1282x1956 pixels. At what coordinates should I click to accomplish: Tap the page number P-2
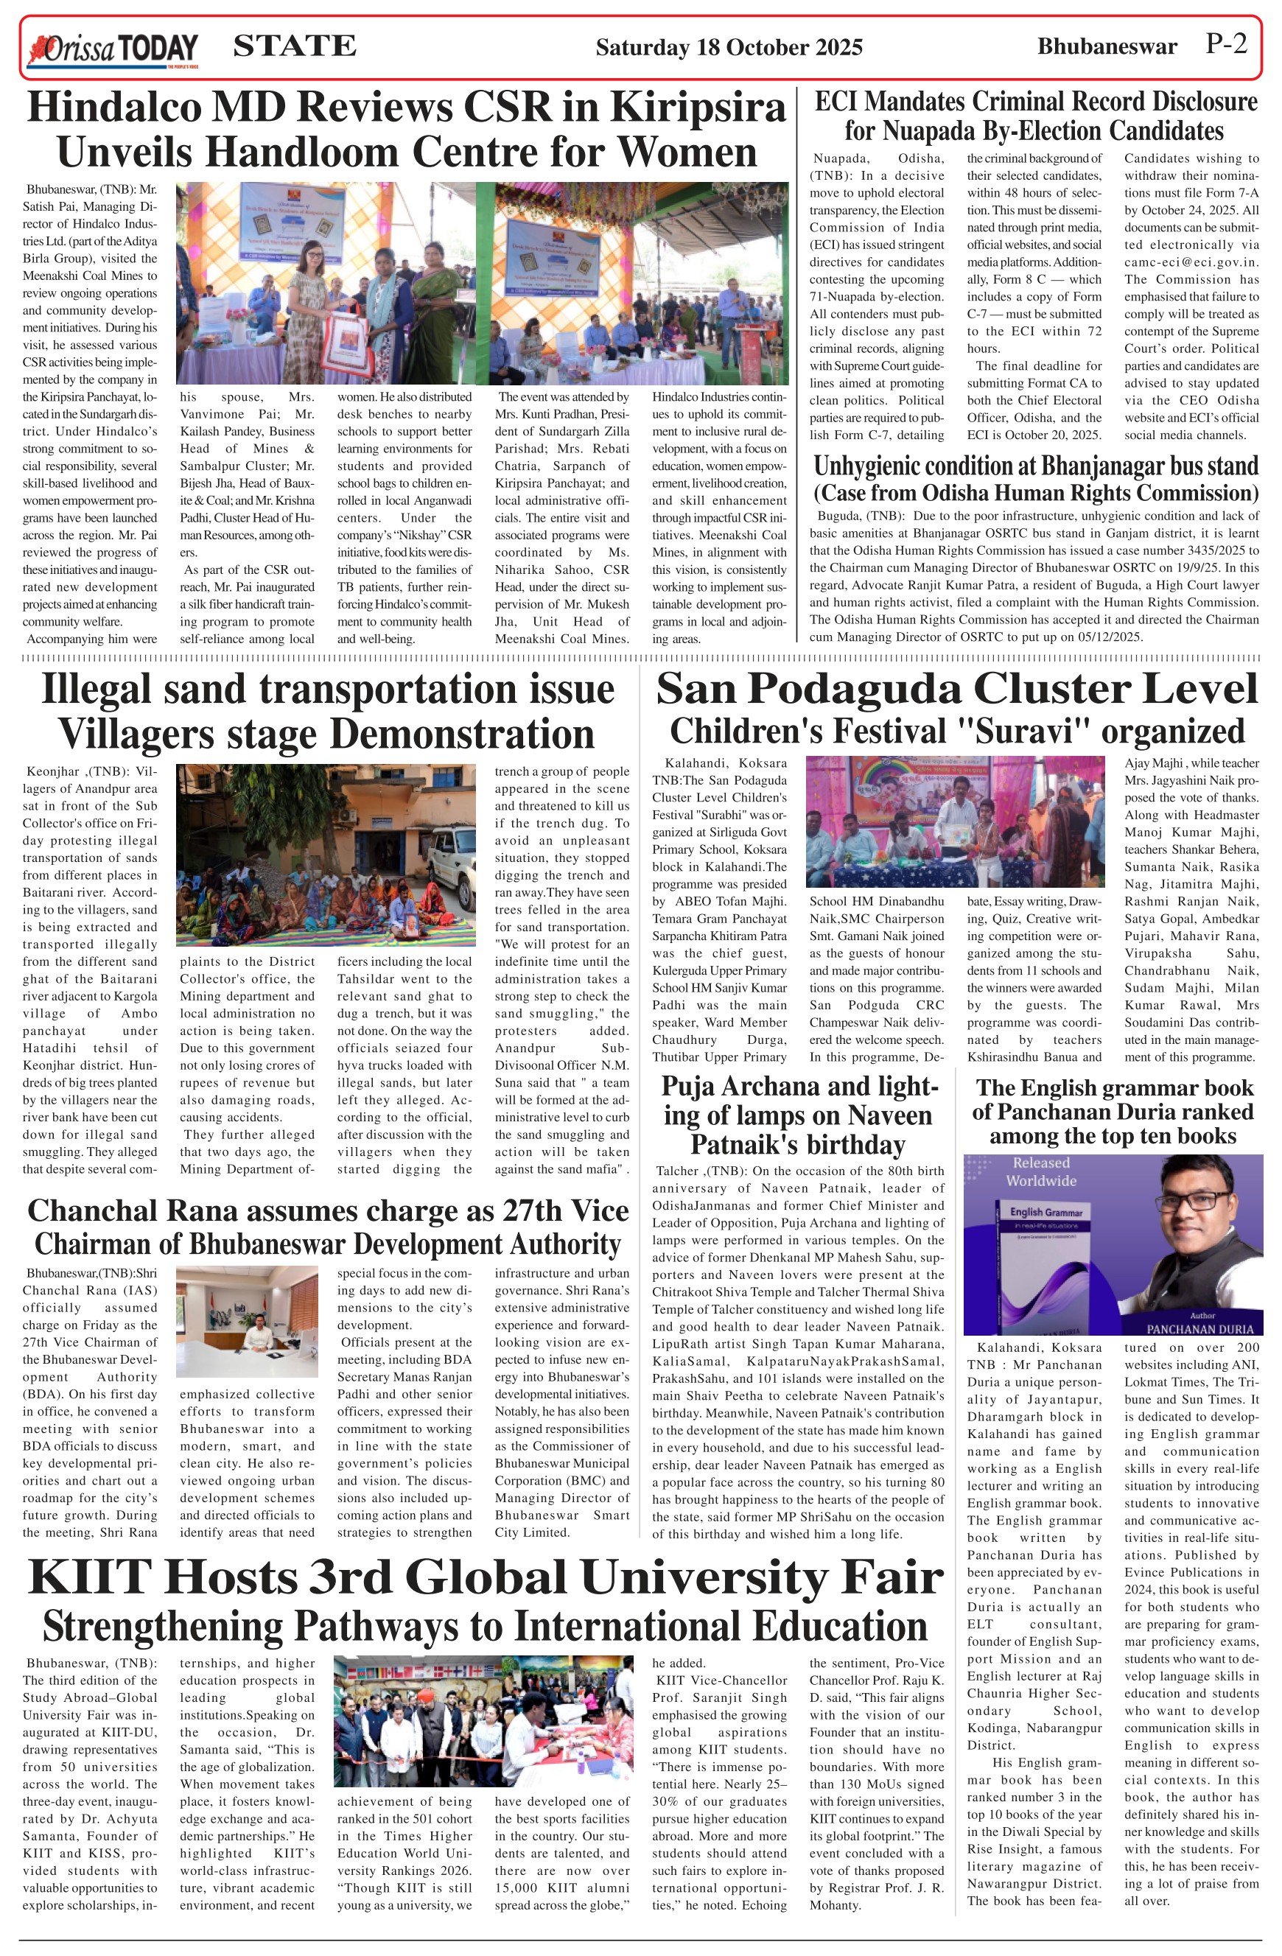pyautogui.click(x=1226, y=44)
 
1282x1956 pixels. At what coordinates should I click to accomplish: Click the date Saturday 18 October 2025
pyautogui.click(x=729, y=48)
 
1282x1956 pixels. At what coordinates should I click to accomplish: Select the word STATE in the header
pyautogui.click(x=294, y=46)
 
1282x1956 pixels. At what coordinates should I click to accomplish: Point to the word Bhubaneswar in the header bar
pyautogui.click(x=1107, y=47)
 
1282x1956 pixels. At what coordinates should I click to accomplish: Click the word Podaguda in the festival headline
pyautogui.click(x=867, y=689)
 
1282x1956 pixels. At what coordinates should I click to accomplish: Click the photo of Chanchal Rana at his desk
pyautogui.click(x=247, y=1322)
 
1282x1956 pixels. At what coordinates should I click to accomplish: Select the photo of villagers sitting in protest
pyautogui.click(x=326, y=854)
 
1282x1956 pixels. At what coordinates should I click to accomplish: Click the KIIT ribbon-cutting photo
pyautogui.click(x=483, y=1720)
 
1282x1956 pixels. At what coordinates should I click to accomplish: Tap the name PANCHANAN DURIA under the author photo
pyautogui.click(x=1199, y=1329)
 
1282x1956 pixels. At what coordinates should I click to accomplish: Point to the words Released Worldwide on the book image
pyautogui.click(x=1041, y=1172)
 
